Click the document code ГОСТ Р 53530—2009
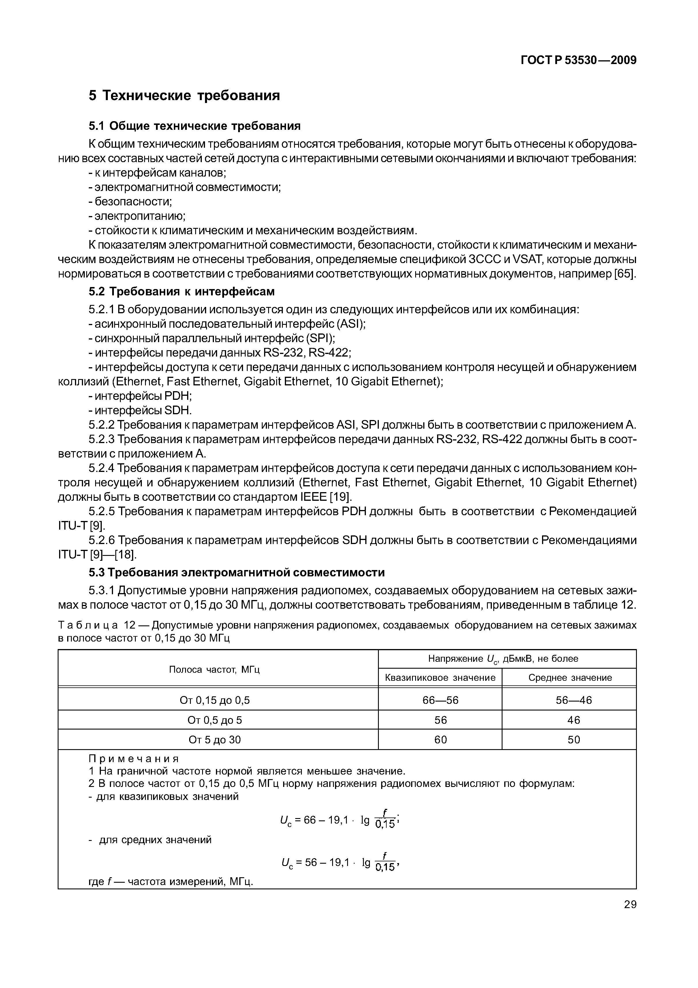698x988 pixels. pos(578,60)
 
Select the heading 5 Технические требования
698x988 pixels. pos(184,95)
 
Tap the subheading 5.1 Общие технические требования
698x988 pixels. pos(194,126)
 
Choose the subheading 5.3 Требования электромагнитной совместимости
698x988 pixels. pos(236,572)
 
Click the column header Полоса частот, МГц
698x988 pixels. pos(214,669)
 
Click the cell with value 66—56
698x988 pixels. pos(440,700)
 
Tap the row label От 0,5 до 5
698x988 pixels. pos(214,720)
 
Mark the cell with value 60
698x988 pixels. pos(440,740)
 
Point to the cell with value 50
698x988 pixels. pos(574,740)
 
